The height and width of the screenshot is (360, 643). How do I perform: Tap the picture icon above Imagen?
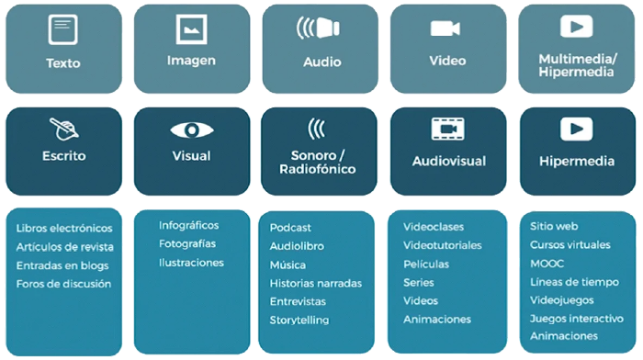191,29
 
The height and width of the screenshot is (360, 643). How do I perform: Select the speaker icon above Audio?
318,28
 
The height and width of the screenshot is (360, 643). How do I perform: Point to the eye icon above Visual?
191,129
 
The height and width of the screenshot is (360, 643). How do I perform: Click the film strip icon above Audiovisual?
448,129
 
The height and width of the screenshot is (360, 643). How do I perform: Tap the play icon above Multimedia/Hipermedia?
576,28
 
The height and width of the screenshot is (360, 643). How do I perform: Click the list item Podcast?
290,228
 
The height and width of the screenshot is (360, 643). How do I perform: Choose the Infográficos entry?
188,225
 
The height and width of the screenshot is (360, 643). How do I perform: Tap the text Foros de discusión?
63,284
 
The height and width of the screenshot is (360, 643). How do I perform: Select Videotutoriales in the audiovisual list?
443,245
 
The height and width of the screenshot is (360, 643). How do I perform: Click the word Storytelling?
299,321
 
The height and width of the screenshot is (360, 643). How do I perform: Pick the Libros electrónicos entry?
64,228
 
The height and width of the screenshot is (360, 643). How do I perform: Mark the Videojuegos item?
562,300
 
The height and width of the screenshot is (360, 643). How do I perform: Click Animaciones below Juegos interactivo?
564,336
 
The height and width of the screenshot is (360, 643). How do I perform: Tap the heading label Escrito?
63,156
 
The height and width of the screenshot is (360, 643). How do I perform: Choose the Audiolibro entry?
297,246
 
